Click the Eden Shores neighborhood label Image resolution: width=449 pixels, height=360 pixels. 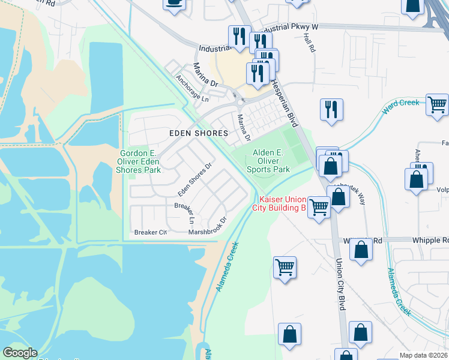pos(198,133)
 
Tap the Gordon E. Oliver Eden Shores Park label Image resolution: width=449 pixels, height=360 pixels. pos(139,161)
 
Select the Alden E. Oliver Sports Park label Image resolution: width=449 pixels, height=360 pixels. pos(268,161)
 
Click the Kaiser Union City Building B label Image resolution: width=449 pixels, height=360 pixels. pos(282,203)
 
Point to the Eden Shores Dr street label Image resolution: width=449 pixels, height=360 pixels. pos(195,179)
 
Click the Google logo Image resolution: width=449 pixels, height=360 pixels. pos(20,353)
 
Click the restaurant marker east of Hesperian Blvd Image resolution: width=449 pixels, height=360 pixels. pos(331,109)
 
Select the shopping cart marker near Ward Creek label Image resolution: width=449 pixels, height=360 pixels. pos(437,104)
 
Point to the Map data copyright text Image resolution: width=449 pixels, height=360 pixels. pos(423,355)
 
